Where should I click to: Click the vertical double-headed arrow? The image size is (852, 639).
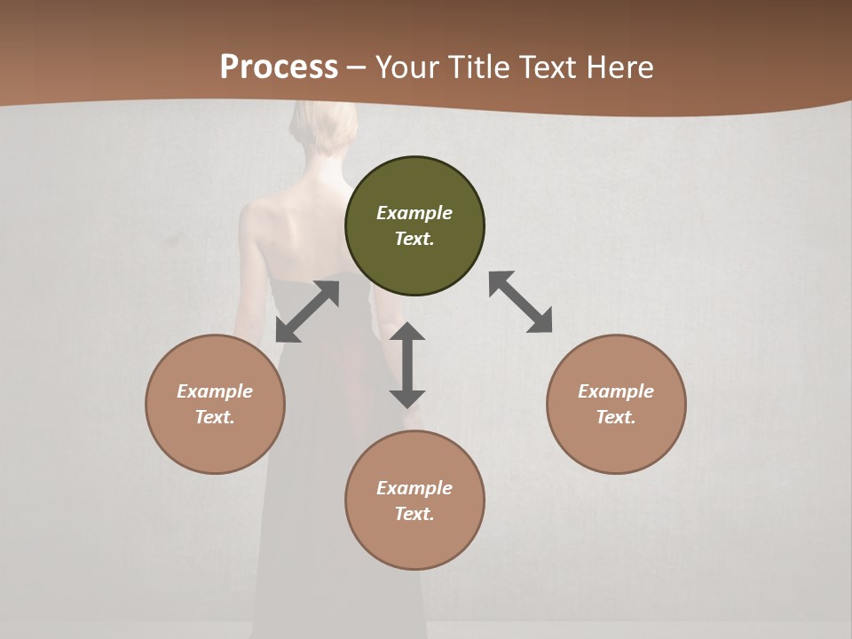tap(407, 365)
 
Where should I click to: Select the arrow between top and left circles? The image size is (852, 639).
tap(307, 312)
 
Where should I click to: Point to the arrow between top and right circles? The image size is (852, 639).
tap(521, 302)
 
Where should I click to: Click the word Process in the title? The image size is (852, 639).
tap(279, 67)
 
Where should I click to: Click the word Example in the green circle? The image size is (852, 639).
tap(414, 213)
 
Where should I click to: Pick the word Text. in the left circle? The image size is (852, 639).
tap(215, 417)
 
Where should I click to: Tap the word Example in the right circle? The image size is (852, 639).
tap(616, 391)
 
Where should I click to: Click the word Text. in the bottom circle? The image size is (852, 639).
tap(414, 514)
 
